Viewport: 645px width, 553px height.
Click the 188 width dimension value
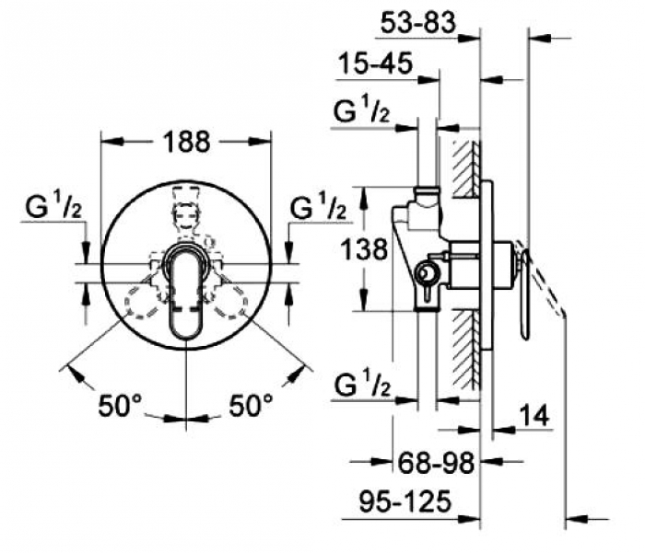tap(186, 142)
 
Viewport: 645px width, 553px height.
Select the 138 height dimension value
tap(365, 249)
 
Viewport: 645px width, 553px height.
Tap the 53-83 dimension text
tap(418, 23)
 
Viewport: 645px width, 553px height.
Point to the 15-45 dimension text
tap(375, 63)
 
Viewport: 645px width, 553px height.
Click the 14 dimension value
tap(534, 415)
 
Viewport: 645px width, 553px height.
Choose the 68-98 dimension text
tap(436, 463)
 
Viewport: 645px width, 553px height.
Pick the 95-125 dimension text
tap(405, 501)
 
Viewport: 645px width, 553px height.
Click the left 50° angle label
tap(120, 405)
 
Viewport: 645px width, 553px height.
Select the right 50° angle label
tap(251, 405)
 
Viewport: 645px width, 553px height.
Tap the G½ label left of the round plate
tap(53, 207)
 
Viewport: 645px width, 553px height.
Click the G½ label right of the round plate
tap(318, 207)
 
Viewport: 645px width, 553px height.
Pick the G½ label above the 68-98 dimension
tap(362, 385)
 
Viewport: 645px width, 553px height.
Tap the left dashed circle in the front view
tap(143, 301)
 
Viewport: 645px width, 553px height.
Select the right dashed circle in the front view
tap(229, 301)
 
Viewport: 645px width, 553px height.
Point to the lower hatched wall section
tap(466, 350)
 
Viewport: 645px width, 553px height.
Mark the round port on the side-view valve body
tap(426, 272)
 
